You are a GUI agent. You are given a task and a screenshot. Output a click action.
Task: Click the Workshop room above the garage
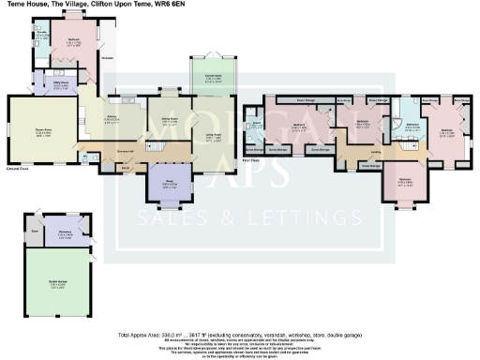[67, 234]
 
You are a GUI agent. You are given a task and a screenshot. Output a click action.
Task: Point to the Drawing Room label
[42, 132]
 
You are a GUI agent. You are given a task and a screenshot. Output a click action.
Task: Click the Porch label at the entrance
[125, 170]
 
